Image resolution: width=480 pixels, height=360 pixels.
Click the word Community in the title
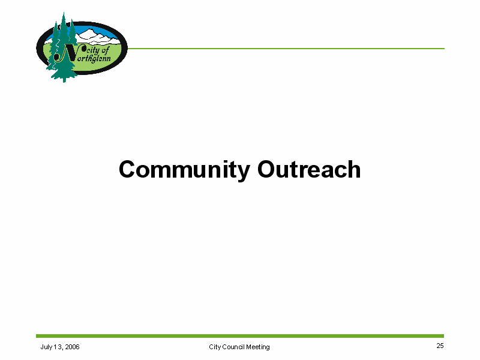pos(184,170)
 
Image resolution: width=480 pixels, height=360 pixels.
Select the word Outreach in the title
pos(309,169)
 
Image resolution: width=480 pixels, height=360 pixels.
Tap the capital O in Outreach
pos(267,169)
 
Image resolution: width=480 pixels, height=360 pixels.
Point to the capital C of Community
pos(128,169)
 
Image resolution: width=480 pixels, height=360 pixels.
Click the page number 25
pos(440,346)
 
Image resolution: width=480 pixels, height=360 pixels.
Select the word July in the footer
pos(46,347)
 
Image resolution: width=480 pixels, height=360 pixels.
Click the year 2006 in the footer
pos(72,347)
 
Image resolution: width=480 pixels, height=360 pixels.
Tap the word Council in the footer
pos(233,347)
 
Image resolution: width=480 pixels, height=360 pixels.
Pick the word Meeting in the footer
pos(258,347)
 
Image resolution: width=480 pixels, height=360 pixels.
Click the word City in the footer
pos(215,347)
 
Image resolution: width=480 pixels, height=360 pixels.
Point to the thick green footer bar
pos(240,336)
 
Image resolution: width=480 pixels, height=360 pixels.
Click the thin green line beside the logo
pos(286,49)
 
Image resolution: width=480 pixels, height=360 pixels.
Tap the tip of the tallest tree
pos(64,13)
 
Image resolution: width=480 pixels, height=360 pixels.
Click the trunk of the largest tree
pos(64,80)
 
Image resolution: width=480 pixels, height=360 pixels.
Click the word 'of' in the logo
pos(104,50)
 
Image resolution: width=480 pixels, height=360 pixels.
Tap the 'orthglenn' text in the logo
pos(94,58)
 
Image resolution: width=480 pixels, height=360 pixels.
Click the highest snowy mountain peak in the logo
pos(89,30)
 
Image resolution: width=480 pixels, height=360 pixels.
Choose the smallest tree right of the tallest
pos(72,32)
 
